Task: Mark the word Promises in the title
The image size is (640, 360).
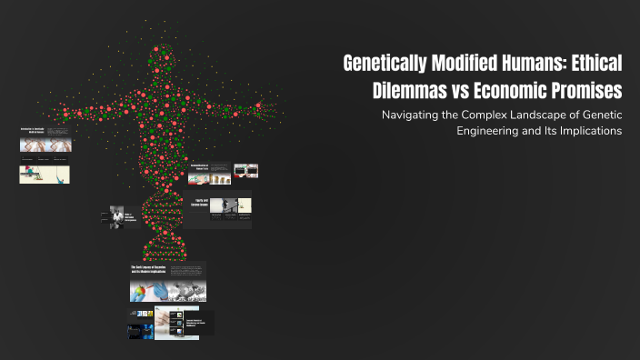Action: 584,92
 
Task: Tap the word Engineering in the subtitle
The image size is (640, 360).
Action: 490,131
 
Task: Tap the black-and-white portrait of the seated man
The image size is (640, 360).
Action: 116,215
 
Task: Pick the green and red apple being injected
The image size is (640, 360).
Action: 142,291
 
